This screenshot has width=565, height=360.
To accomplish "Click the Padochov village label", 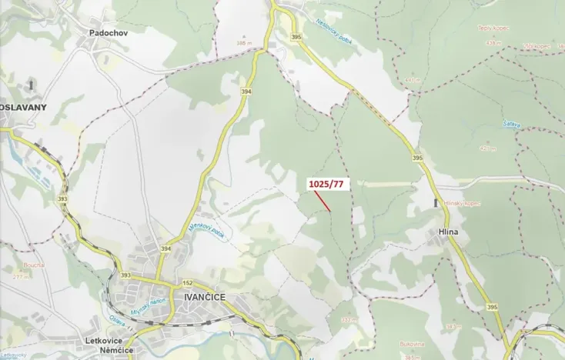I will click(107, 33).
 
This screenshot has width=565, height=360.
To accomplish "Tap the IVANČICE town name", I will click(202, 295).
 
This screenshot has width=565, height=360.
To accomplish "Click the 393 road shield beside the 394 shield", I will click(125, 275).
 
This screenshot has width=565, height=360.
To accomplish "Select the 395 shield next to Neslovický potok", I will click(296, 36).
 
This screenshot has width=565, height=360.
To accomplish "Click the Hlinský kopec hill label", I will click(461, 204).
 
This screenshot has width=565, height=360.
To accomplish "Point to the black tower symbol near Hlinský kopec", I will click(436, 203).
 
